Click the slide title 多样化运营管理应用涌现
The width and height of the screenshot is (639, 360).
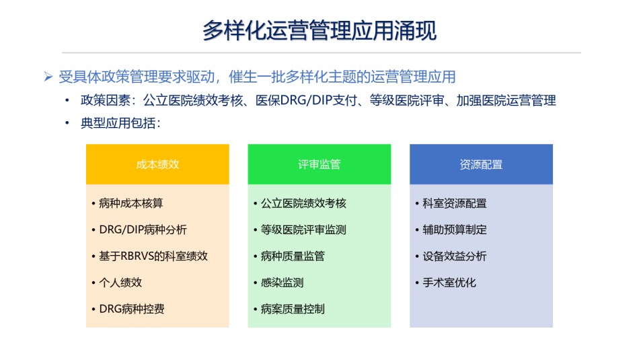click(x=319, y=30)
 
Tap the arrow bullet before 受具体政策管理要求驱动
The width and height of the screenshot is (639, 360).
click(x=48, y=77)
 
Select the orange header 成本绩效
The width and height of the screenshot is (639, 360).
click(x=157, y=164)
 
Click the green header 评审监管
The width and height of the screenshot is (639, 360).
click(x=319, y=164)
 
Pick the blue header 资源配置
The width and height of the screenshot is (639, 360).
click(x=481, y=164)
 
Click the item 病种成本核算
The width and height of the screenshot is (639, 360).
click(x=130, y=203)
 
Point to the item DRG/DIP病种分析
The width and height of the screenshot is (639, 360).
click(x=143, y=229)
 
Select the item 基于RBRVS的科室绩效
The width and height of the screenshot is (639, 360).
click(x=153, y=256)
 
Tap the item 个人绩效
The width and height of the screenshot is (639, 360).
click(x=120, y=283)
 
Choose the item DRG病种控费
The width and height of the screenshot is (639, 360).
click(x=132, y=309)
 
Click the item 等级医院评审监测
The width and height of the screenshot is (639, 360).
click(x=303, y=229)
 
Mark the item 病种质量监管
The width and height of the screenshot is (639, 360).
click(x=293, y=256)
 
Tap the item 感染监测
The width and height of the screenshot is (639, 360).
click(x=282, y=283)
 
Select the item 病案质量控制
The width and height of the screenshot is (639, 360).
click(x=293, y=309)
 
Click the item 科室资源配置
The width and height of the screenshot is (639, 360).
click(x=455, y=203)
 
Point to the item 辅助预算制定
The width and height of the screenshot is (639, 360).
click(x=455, y=229)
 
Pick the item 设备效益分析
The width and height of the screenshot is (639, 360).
click(x=455, y=256)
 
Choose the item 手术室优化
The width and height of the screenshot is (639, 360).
click(x=449, y=283)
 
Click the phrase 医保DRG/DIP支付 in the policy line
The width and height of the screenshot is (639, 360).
click(x=306, y=100)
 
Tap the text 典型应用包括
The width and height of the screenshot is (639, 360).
click(x=118, y=122)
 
